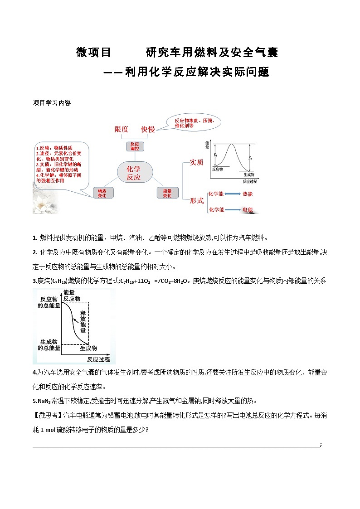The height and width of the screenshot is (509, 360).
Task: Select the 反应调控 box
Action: point(135,146)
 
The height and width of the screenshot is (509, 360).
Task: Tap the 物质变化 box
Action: point(102,193)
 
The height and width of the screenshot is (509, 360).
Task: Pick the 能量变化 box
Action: point(167,193)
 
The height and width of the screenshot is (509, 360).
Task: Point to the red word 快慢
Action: point(148,129)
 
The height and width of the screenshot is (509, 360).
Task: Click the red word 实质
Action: point(196,162)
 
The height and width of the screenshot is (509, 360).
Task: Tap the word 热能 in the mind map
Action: point(248,194)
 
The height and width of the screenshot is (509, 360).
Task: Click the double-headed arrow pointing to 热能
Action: point(232,194)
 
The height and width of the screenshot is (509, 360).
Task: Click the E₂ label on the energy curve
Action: point(250,158)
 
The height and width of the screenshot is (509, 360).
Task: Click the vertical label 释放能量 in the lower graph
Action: point(83,322)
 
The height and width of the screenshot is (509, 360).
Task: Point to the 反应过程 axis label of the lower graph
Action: point(98,359)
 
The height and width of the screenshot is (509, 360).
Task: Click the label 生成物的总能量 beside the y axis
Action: point(49,344)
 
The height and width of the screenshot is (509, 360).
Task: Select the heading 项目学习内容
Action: point(52,103)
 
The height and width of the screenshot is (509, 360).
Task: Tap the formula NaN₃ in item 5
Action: point(44,401)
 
